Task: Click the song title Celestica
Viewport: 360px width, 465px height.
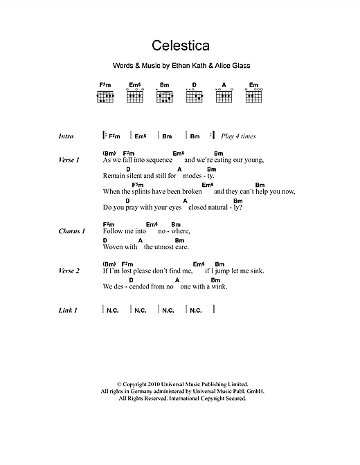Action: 179,50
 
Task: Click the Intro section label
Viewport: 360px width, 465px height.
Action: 66,136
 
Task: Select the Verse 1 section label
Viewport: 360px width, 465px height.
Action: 69,160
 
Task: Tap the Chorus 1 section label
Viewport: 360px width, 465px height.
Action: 71,231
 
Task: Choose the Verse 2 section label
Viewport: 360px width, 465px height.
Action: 69,271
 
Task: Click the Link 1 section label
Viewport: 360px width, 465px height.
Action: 68,310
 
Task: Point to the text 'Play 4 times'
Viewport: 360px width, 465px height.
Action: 240,136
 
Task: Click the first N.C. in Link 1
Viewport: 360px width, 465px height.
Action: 113,311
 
